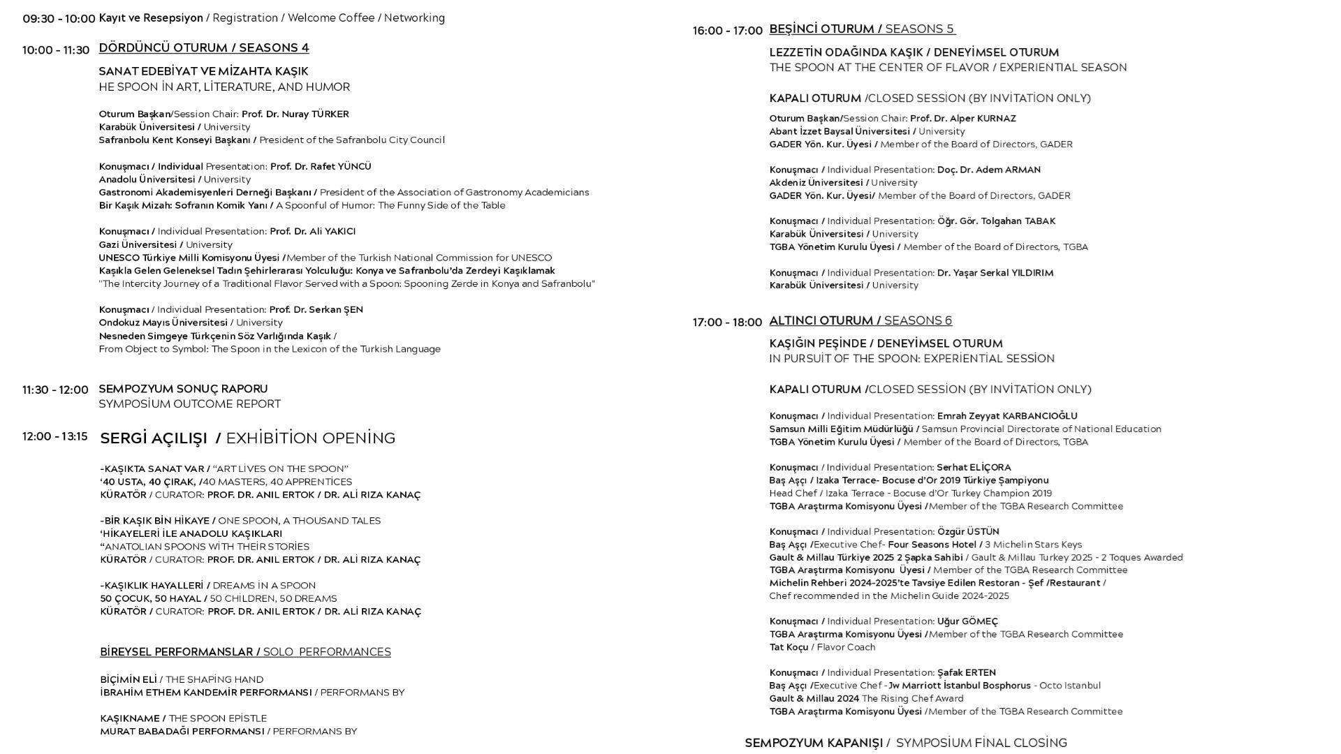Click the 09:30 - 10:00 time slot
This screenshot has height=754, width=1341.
pyautogui.click(x=59, y=19)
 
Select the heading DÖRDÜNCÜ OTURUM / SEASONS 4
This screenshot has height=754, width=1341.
pyautogui.click(x=204, y=48)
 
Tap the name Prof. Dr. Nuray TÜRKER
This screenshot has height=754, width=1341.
pyautogui.click(x=295, y=114)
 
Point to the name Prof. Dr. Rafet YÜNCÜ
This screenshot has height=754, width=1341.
pyautogui.click(x=321, y=166)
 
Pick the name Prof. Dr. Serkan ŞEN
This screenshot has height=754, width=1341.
pyautogui.click(x=316, y=309)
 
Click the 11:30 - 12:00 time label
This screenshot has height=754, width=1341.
pyautogui.click(x=55, y=390)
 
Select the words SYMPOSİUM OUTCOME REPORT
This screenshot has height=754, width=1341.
pyautogui.click(x=189, y=404)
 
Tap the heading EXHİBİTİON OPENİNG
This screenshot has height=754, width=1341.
pyautogui.click(x=311, y=438)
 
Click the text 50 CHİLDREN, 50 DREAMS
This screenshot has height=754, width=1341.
pyautogui.click(x=273, y=598)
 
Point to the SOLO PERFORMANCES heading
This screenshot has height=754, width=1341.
pyautogui.click(x=327, y=652)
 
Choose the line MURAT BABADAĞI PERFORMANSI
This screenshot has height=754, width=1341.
pyautogui.click(x=182, y=731)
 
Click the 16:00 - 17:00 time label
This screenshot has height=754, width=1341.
pyautogui.click(x=727, y=31)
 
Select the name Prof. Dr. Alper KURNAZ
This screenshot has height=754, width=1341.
pyautogui.click(x=962, y=119)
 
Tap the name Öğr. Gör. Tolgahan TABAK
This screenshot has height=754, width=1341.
pyautogui.click(x=996, y=221)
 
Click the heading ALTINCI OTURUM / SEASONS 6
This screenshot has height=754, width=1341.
pyautogui.click(x=860, y=320)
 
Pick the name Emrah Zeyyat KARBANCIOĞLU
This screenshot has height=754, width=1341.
pyautogui.click(x=1007, y=416)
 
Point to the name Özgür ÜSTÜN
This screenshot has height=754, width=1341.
pyautogui.click(x=968, y=531)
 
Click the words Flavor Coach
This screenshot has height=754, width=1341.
pyautogui.click(x=846, y=647)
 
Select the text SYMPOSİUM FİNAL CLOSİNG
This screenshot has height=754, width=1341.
pyautogui.click(x=981, y=743)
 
